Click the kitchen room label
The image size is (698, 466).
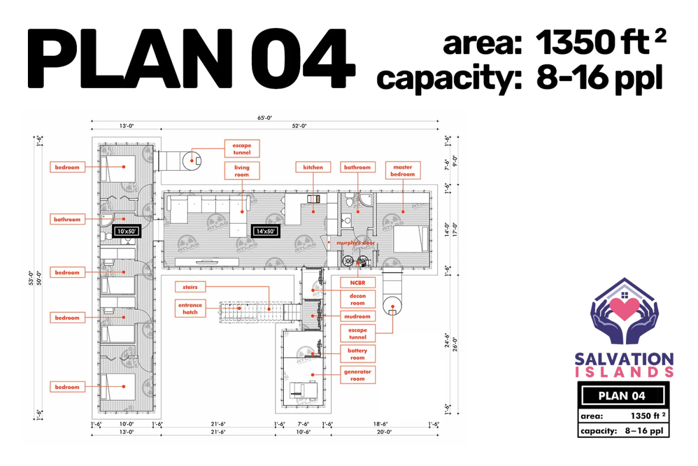(x=313, y=167)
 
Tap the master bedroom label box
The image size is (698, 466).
(x=403, y=171)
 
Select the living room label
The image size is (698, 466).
(x=242, y=171)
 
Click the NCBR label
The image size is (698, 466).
(x=357, y=283)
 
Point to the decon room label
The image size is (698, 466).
(x=357, y=299)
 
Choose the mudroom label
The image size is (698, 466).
(x=357, y=316)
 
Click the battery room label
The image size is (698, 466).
(x=357, y=354)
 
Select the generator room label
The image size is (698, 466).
(x=357, y=375)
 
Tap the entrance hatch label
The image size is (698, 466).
(x=190, y=308)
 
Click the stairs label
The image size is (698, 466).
(x=190, y=287)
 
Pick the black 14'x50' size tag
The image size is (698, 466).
(x=265, y=231)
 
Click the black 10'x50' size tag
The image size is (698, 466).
(x=126, y=231)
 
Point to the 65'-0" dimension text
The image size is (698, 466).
(x=265, y=118)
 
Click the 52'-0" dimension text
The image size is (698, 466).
(x=299, y=126)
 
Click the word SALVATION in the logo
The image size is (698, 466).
(x=624, y=359)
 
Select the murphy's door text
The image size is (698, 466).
(x=355, y=242)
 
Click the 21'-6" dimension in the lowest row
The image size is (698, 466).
(x=218, y=432)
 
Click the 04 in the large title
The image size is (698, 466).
(x=302, y=58)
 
